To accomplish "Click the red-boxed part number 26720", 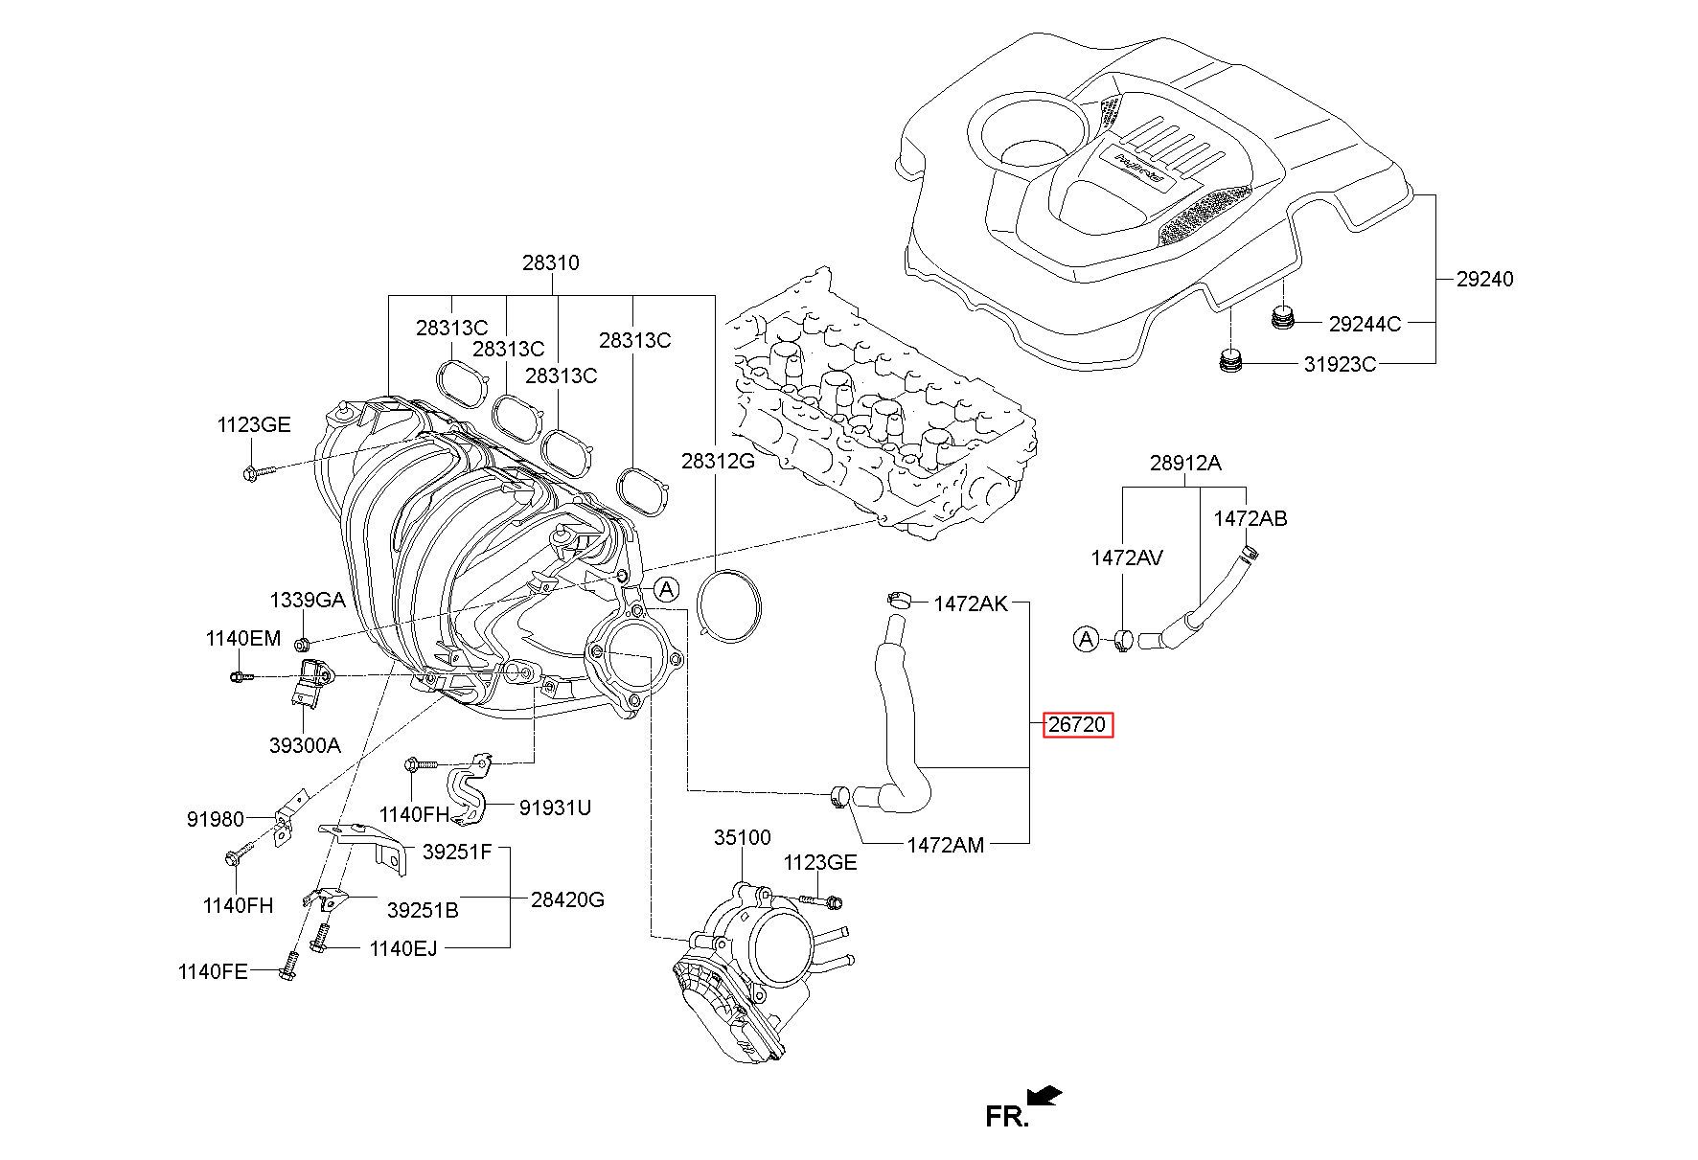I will [x=1078, y=725].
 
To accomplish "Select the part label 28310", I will [x=550, y=262].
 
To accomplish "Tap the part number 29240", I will [x=1484, y=279].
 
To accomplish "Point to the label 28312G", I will [x=718, y=461].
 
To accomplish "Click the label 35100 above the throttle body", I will [x=742, y=837].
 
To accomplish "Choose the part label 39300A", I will [x=305, y=744].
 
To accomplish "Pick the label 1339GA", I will [x=307, y=601].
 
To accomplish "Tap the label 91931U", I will [x=555, y=807].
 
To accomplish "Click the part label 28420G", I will [x=568, y=899].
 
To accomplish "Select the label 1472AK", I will [x=971, y=603].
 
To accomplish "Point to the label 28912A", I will [x=1185, y=464].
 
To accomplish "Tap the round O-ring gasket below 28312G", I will [x=730, y=605].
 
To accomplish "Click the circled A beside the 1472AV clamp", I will [x=1086, y=638].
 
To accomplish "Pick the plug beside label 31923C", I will [x=1229, y=362].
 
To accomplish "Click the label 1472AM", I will [x=946, y=845].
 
